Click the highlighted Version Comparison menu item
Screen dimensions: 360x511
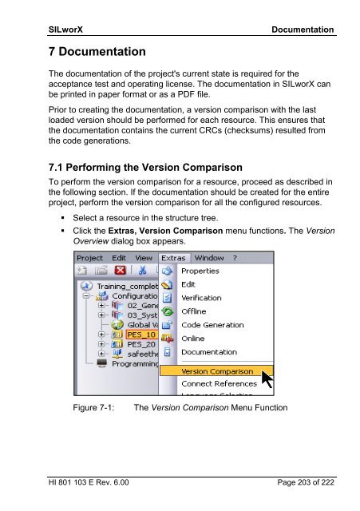[x=216, y=371]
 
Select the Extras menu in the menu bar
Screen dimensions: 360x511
[x=173, y=258]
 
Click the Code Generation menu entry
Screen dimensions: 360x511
[x=212, y=325]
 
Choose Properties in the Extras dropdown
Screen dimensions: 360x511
[x=200, y=271]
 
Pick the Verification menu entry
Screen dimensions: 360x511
[x=201, y=298]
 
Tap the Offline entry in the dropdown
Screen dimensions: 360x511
[x=193, y=311]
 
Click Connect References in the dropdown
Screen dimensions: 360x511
[x=219, y=384]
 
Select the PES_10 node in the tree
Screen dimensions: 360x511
[x=141, y=335]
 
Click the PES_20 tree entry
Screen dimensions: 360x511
[x=141, y=344]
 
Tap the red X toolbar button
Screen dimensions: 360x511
[x=121, y=270]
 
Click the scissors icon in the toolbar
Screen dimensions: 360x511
[x=142, y=270]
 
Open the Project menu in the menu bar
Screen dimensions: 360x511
[x=89, y=258]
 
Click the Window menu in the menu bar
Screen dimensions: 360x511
[x=209, y=258]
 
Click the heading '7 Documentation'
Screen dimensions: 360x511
[x=97, y=51]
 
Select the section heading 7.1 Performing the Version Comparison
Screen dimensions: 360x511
[x=145, y=168]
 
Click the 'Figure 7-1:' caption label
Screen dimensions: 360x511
[x=93, y=408]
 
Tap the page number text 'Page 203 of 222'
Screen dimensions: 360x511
[x=306, y=482]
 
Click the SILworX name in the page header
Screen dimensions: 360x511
[x=65, y=30]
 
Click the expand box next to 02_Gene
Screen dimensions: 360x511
[x=101, y=305]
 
